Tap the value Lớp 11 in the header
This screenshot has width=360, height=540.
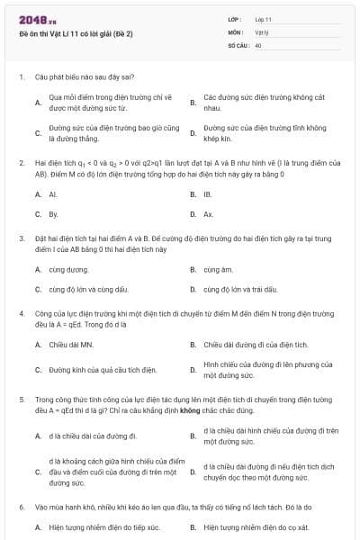click(x=263, y=18)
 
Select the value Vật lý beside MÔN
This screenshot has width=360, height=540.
click(x=261, y=31)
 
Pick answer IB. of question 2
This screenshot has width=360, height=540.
click(x=208, y=193)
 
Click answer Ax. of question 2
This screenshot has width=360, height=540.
click(x=208, y=214)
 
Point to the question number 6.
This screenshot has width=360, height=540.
click(x=21, y=508)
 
